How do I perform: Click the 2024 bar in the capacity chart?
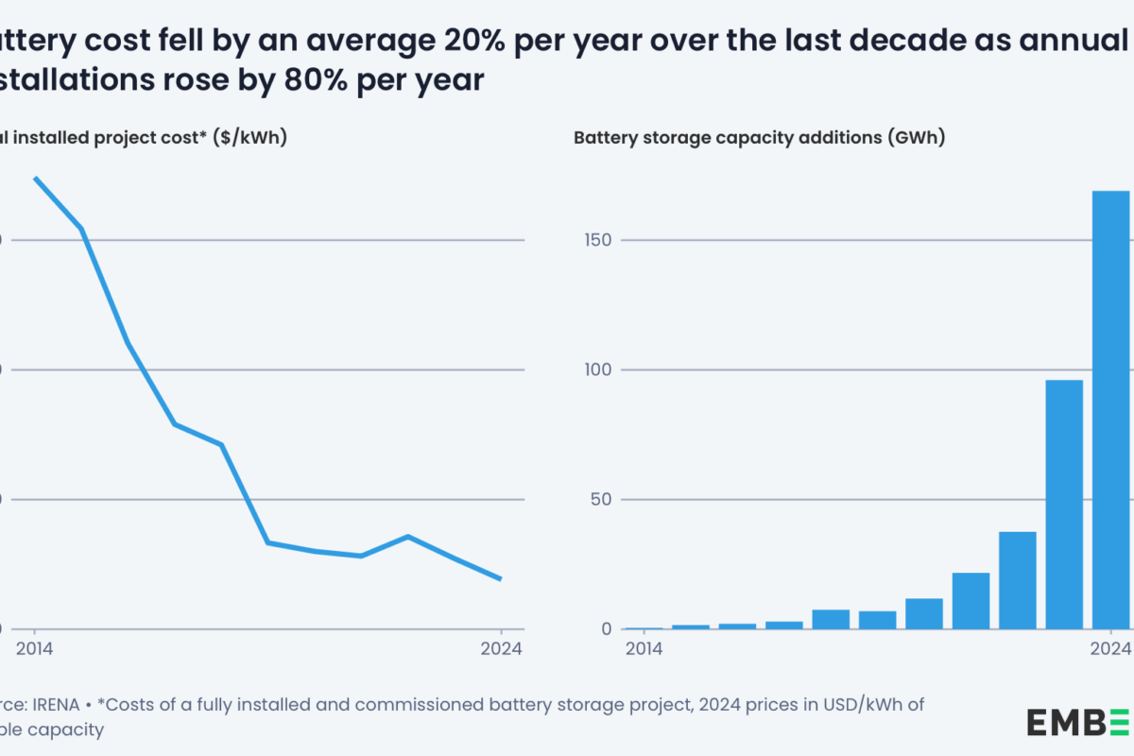click(1111, 410)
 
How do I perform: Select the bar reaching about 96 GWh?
click(1064, 505)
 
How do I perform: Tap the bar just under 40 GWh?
click(1018, 580)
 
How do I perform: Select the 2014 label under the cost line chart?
click(35, 648)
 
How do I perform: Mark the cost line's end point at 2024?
click(500, 578)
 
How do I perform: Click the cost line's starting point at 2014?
click(35, 178)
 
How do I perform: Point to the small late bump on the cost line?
click(407, 537)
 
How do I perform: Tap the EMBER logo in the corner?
click(1078, 721)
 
